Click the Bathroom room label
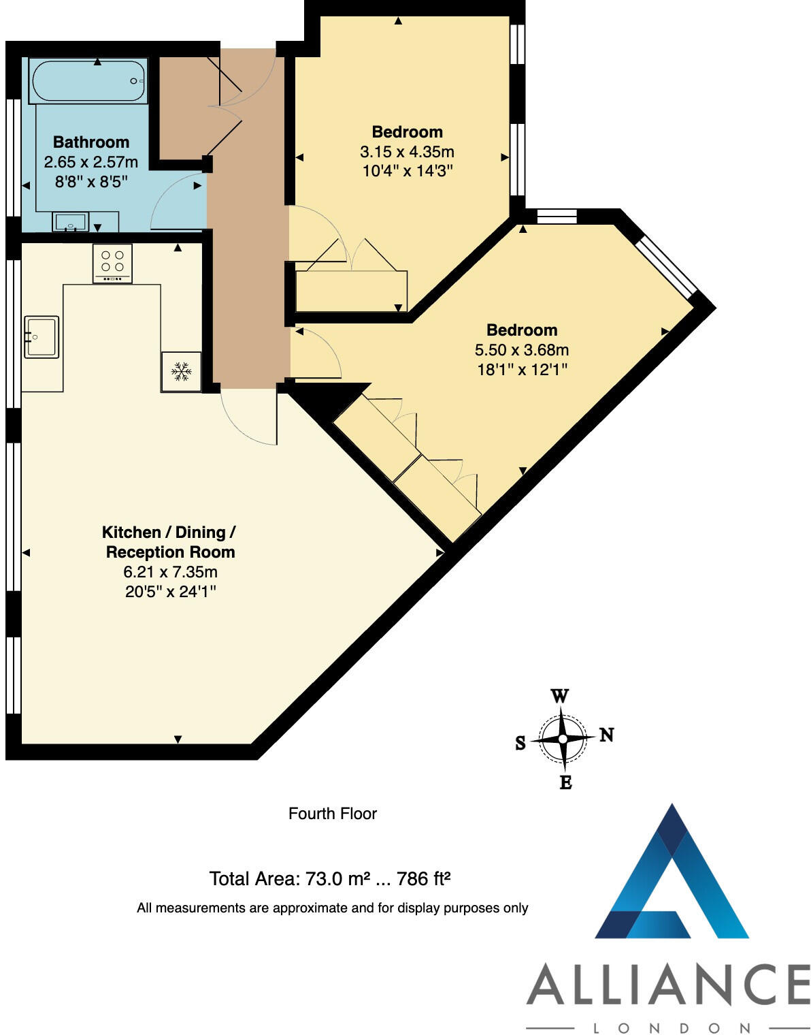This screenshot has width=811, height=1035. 91,142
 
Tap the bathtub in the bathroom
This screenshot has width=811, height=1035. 88,82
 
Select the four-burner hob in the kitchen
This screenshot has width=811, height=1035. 112,263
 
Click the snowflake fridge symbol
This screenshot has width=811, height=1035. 181,372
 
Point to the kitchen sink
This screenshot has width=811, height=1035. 42,336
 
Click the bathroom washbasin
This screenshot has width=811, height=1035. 70,222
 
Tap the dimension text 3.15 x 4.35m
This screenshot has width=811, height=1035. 407,151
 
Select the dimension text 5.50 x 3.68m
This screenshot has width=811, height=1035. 521,350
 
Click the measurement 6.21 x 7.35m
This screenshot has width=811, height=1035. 170,572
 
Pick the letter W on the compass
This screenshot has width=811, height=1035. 559,696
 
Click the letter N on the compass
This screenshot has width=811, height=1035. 606,735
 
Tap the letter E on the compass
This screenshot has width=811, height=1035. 565,782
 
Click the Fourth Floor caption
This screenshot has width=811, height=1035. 332,814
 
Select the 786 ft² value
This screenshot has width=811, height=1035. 423,879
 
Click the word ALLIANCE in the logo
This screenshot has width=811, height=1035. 668,985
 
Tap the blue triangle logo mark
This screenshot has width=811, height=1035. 672,878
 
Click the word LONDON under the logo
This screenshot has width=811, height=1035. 672,1028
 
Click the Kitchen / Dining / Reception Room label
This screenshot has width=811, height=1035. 169,542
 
